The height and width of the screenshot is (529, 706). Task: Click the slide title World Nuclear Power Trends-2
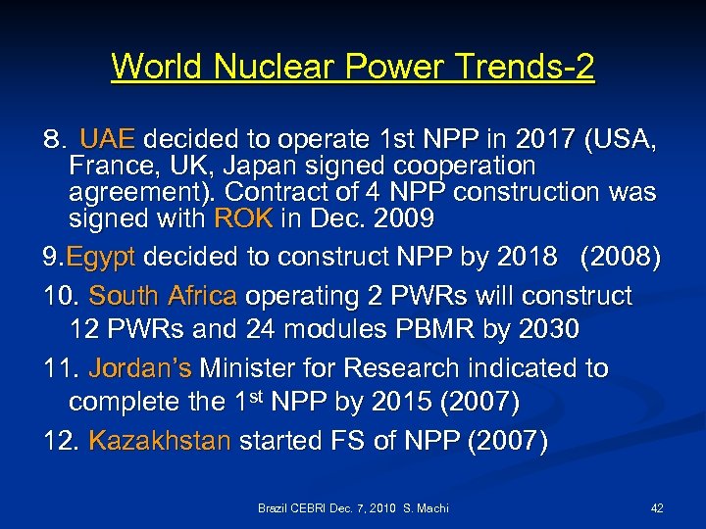(353, 67)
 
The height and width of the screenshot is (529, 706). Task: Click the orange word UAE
(111, 139)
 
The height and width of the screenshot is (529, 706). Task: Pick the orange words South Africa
(163, 295)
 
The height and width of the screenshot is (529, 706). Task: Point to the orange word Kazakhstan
(160, 440)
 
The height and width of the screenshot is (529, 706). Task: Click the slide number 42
(657, 507)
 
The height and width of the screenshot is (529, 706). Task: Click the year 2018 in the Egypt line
(528, 257)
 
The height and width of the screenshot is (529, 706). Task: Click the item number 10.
(61, 295)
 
